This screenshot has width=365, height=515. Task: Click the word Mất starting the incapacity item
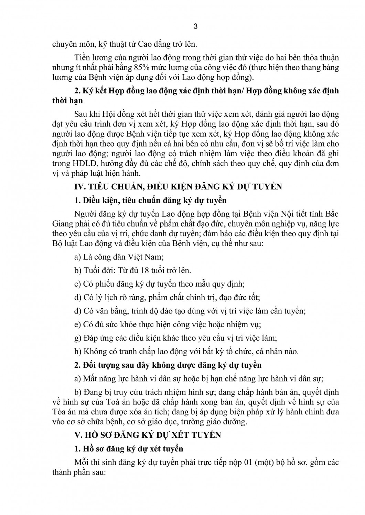coord(89,379)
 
